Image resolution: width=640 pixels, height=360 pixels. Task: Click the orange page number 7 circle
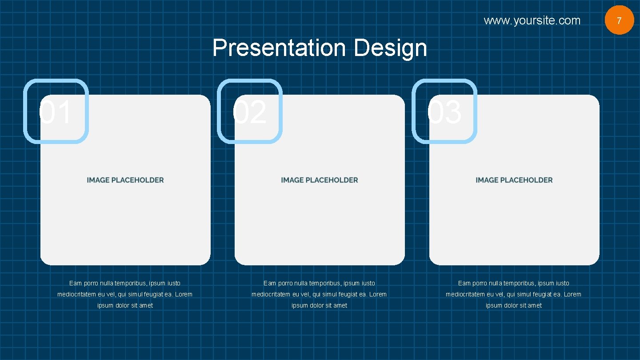point(619,20)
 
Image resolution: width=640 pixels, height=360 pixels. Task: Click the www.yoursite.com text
point(532,20)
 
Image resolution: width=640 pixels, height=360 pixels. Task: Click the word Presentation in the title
point(279,48)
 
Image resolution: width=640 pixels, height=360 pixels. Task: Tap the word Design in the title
point(390,48)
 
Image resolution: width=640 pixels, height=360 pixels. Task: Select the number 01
point(55,112)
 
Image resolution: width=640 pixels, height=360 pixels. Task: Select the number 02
point(249,112)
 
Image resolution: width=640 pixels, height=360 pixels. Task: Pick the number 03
point(444,112)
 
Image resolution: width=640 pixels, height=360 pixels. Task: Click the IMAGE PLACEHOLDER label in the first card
point(125,180)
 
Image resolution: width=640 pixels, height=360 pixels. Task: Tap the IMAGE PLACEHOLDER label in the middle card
point(320,180)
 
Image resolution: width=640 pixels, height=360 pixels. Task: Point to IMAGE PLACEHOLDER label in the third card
point(514,180)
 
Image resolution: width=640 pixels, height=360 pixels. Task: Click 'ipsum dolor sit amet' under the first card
point(125,305)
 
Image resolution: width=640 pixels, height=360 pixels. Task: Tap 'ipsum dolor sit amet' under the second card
point(320,305)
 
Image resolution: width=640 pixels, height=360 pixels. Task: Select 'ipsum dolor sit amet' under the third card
point(514,305)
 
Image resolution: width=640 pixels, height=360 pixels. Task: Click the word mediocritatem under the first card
point(76,294)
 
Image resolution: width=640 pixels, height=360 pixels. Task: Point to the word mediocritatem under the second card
point(271,294)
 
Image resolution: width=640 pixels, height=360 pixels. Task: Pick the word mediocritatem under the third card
point(465,294)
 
